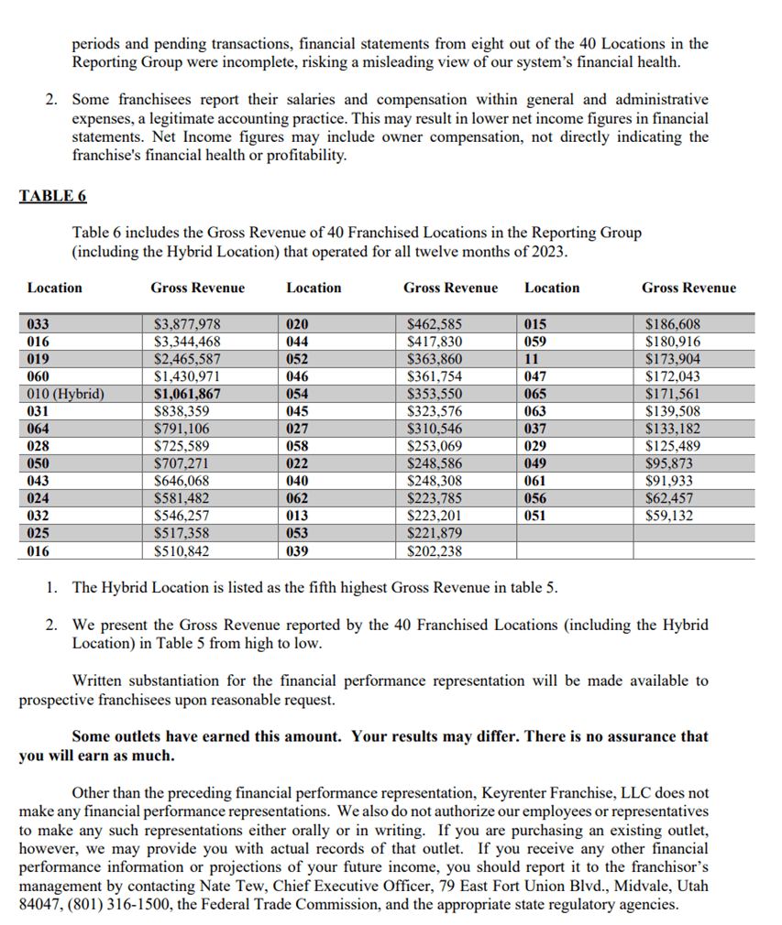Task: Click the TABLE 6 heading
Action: tap(52, 195)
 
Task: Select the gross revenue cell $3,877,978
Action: tap(187, 323)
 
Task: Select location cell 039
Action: tap(297, 551)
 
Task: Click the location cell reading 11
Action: tap(532, 358)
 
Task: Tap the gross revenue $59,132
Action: tap(669, 516)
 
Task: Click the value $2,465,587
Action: tap(187, 358)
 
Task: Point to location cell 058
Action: tap(297, 446)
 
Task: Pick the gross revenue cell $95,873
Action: tap(669, 463)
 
